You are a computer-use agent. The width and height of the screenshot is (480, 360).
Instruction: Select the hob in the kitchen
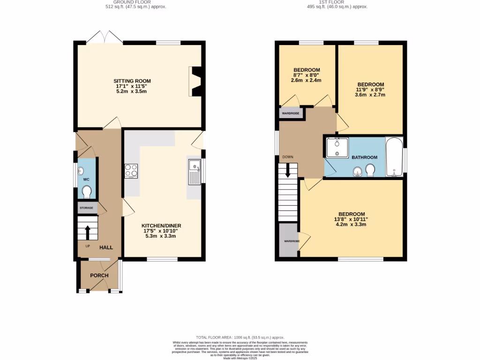[131, 171]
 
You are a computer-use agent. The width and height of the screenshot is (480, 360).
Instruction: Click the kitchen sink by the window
[194, 172]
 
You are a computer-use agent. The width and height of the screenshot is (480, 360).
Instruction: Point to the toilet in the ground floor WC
[87, 192]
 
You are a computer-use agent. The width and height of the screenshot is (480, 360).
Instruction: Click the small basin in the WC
[81, 171]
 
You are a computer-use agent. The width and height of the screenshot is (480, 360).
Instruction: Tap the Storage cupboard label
[86, 208]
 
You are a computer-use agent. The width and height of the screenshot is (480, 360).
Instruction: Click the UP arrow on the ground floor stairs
[87, 231]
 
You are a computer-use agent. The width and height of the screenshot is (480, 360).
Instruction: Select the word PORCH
[99, 275]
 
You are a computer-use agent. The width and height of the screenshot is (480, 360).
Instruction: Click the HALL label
[105, 247]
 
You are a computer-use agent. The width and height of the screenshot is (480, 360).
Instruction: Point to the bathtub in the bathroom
[394, 157]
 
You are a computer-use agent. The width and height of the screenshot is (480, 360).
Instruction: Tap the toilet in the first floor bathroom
[370, 170]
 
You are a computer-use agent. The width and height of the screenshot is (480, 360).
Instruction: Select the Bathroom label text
[365, 157]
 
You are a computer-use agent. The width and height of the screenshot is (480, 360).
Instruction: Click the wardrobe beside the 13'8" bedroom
[289, 241]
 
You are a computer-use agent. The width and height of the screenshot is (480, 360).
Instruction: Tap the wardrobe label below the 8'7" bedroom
[291, 113]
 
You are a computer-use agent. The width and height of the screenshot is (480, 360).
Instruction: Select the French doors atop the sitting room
[104, 37]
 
